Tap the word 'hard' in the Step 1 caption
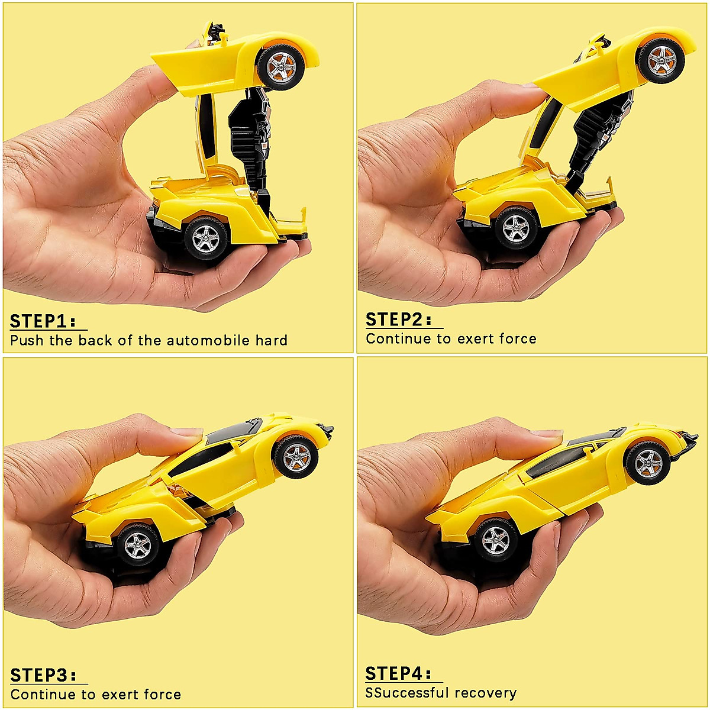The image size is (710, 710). [272, 340]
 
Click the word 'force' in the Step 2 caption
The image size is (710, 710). [517, 339]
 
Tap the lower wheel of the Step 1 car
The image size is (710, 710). [205, 237]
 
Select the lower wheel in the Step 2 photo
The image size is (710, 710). [515, 227]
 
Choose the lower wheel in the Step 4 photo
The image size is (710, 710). [495, 538]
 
